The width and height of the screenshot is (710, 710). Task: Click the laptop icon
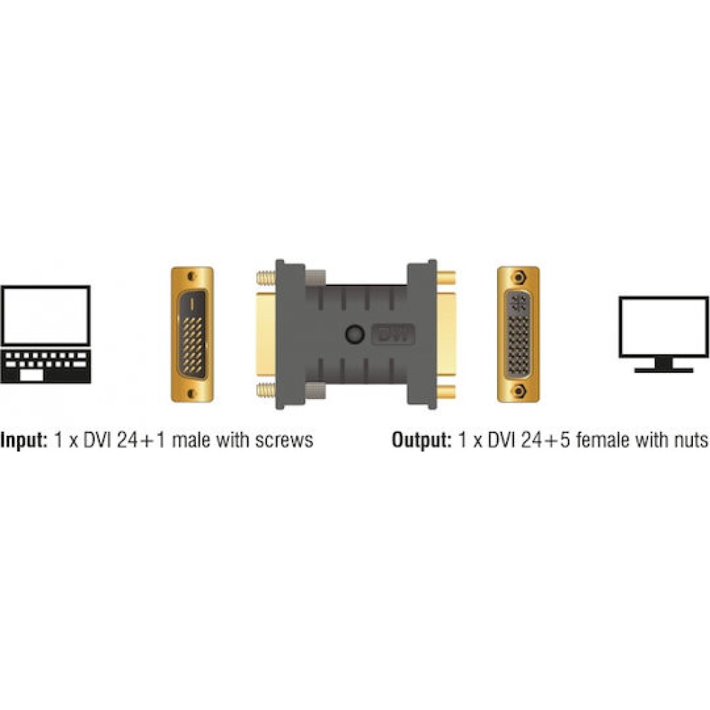tap(45, 334)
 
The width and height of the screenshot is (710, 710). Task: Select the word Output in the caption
tap(421, 440)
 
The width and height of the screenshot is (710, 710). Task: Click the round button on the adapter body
tap(354, 334)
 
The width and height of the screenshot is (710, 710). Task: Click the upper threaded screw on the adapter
tap(266, 278)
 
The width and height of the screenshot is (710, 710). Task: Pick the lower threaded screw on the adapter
tap(266, 390)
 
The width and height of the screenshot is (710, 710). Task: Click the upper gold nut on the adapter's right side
tap(446, 277)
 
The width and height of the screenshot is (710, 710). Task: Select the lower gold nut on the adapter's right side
tap(446, 390)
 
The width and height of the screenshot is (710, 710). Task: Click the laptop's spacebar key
tap(31, 376)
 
